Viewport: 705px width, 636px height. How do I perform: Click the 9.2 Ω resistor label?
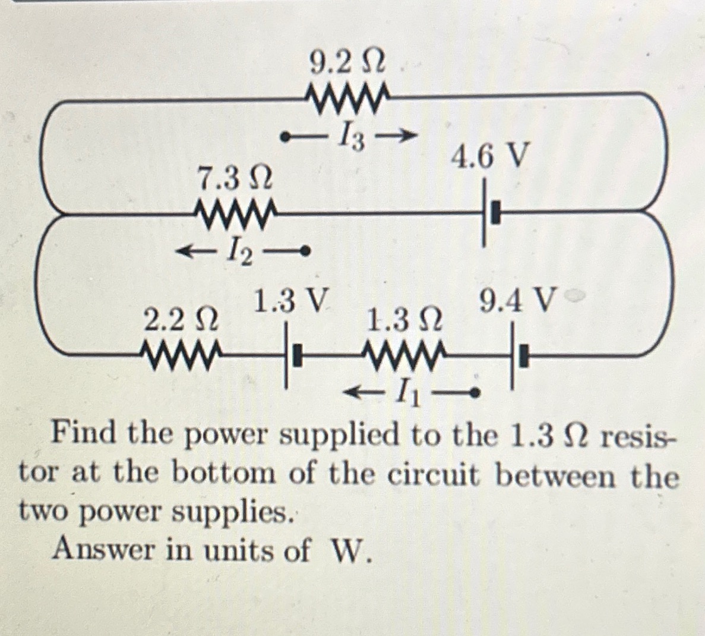pyautogui.click(x=347, y=62)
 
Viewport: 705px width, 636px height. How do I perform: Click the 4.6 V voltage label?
pyautogui.click(x=489, y=156)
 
